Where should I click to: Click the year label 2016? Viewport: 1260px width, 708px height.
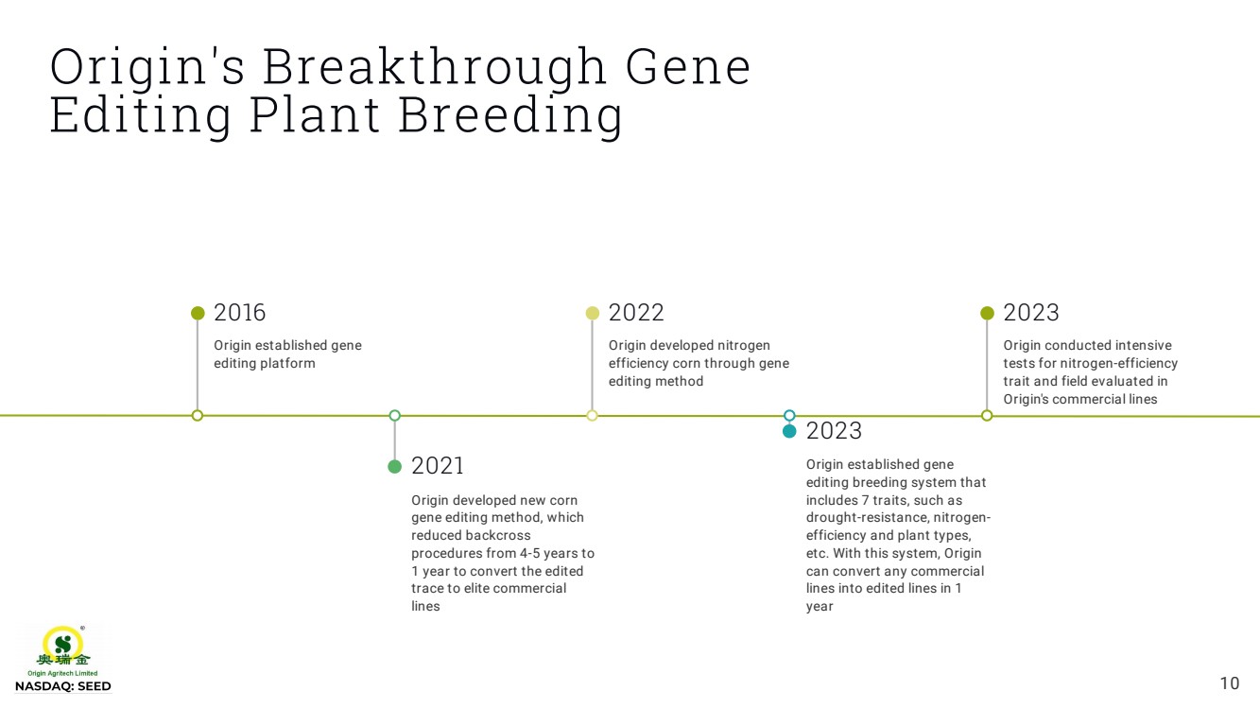pyautogui.click(x=240, y=313)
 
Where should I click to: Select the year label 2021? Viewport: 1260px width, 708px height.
pyautogui.click(x=438, y=466)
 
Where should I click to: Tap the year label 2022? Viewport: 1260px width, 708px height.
pyautogui.click(x=636, y=313)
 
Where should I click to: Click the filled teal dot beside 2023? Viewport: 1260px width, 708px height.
pyautogui.click(x=789, y=431)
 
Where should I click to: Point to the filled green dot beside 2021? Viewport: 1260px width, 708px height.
pyautogui.click(x=395, y=467)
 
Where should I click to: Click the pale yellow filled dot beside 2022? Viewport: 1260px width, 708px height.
pyautogui.click(x=593, y=313)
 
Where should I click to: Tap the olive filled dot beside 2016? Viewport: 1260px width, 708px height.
pyautogui.click(x=198, y=313)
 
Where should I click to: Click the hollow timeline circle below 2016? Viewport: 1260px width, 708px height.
pyautogui.click(x=198, y=416)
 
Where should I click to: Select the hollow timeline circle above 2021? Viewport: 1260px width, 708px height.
pyautogui.click(x=395, y=416)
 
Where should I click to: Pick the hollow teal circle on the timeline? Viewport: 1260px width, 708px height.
pyautogui.click(x=789, y=416)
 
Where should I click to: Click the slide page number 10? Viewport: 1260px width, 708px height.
pyautogui.click(x=1230, y=683)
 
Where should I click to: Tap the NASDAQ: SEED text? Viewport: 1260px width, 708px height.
pyautogui.click(x=63, y=686)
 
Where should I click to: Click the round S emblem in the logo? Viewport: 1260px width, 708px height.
pyautogui.click(x=63, y=644)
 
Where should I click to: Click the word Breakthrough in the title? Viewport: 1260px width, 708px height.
pyautogui.click(x=434, y=67)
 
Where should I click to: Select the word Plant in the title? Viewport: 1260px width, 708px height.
pyautogui.click(x=315, y=115)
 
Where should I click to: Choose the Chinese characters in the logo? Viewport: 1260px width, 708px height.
pyautogui.click(x=63, y=660)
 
